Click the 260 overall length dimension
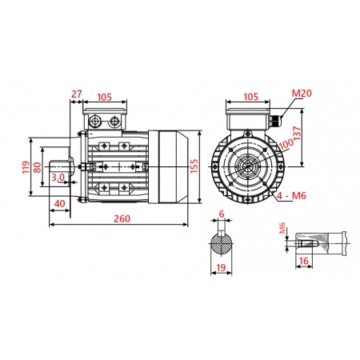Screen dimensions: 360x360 point(122,218)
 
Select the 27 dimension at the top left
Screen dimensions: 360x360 point(77,94)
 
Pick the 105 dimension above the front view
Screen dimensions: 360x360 point(250,97)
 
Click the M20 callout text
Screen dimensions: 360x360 point(301,94)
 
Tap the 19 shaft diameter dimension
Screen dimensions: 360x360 point(221,269)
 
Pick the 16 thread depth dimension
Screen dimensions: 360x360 point(304,261)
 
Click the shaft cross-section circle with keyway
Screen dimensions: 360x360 point(221,244)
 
